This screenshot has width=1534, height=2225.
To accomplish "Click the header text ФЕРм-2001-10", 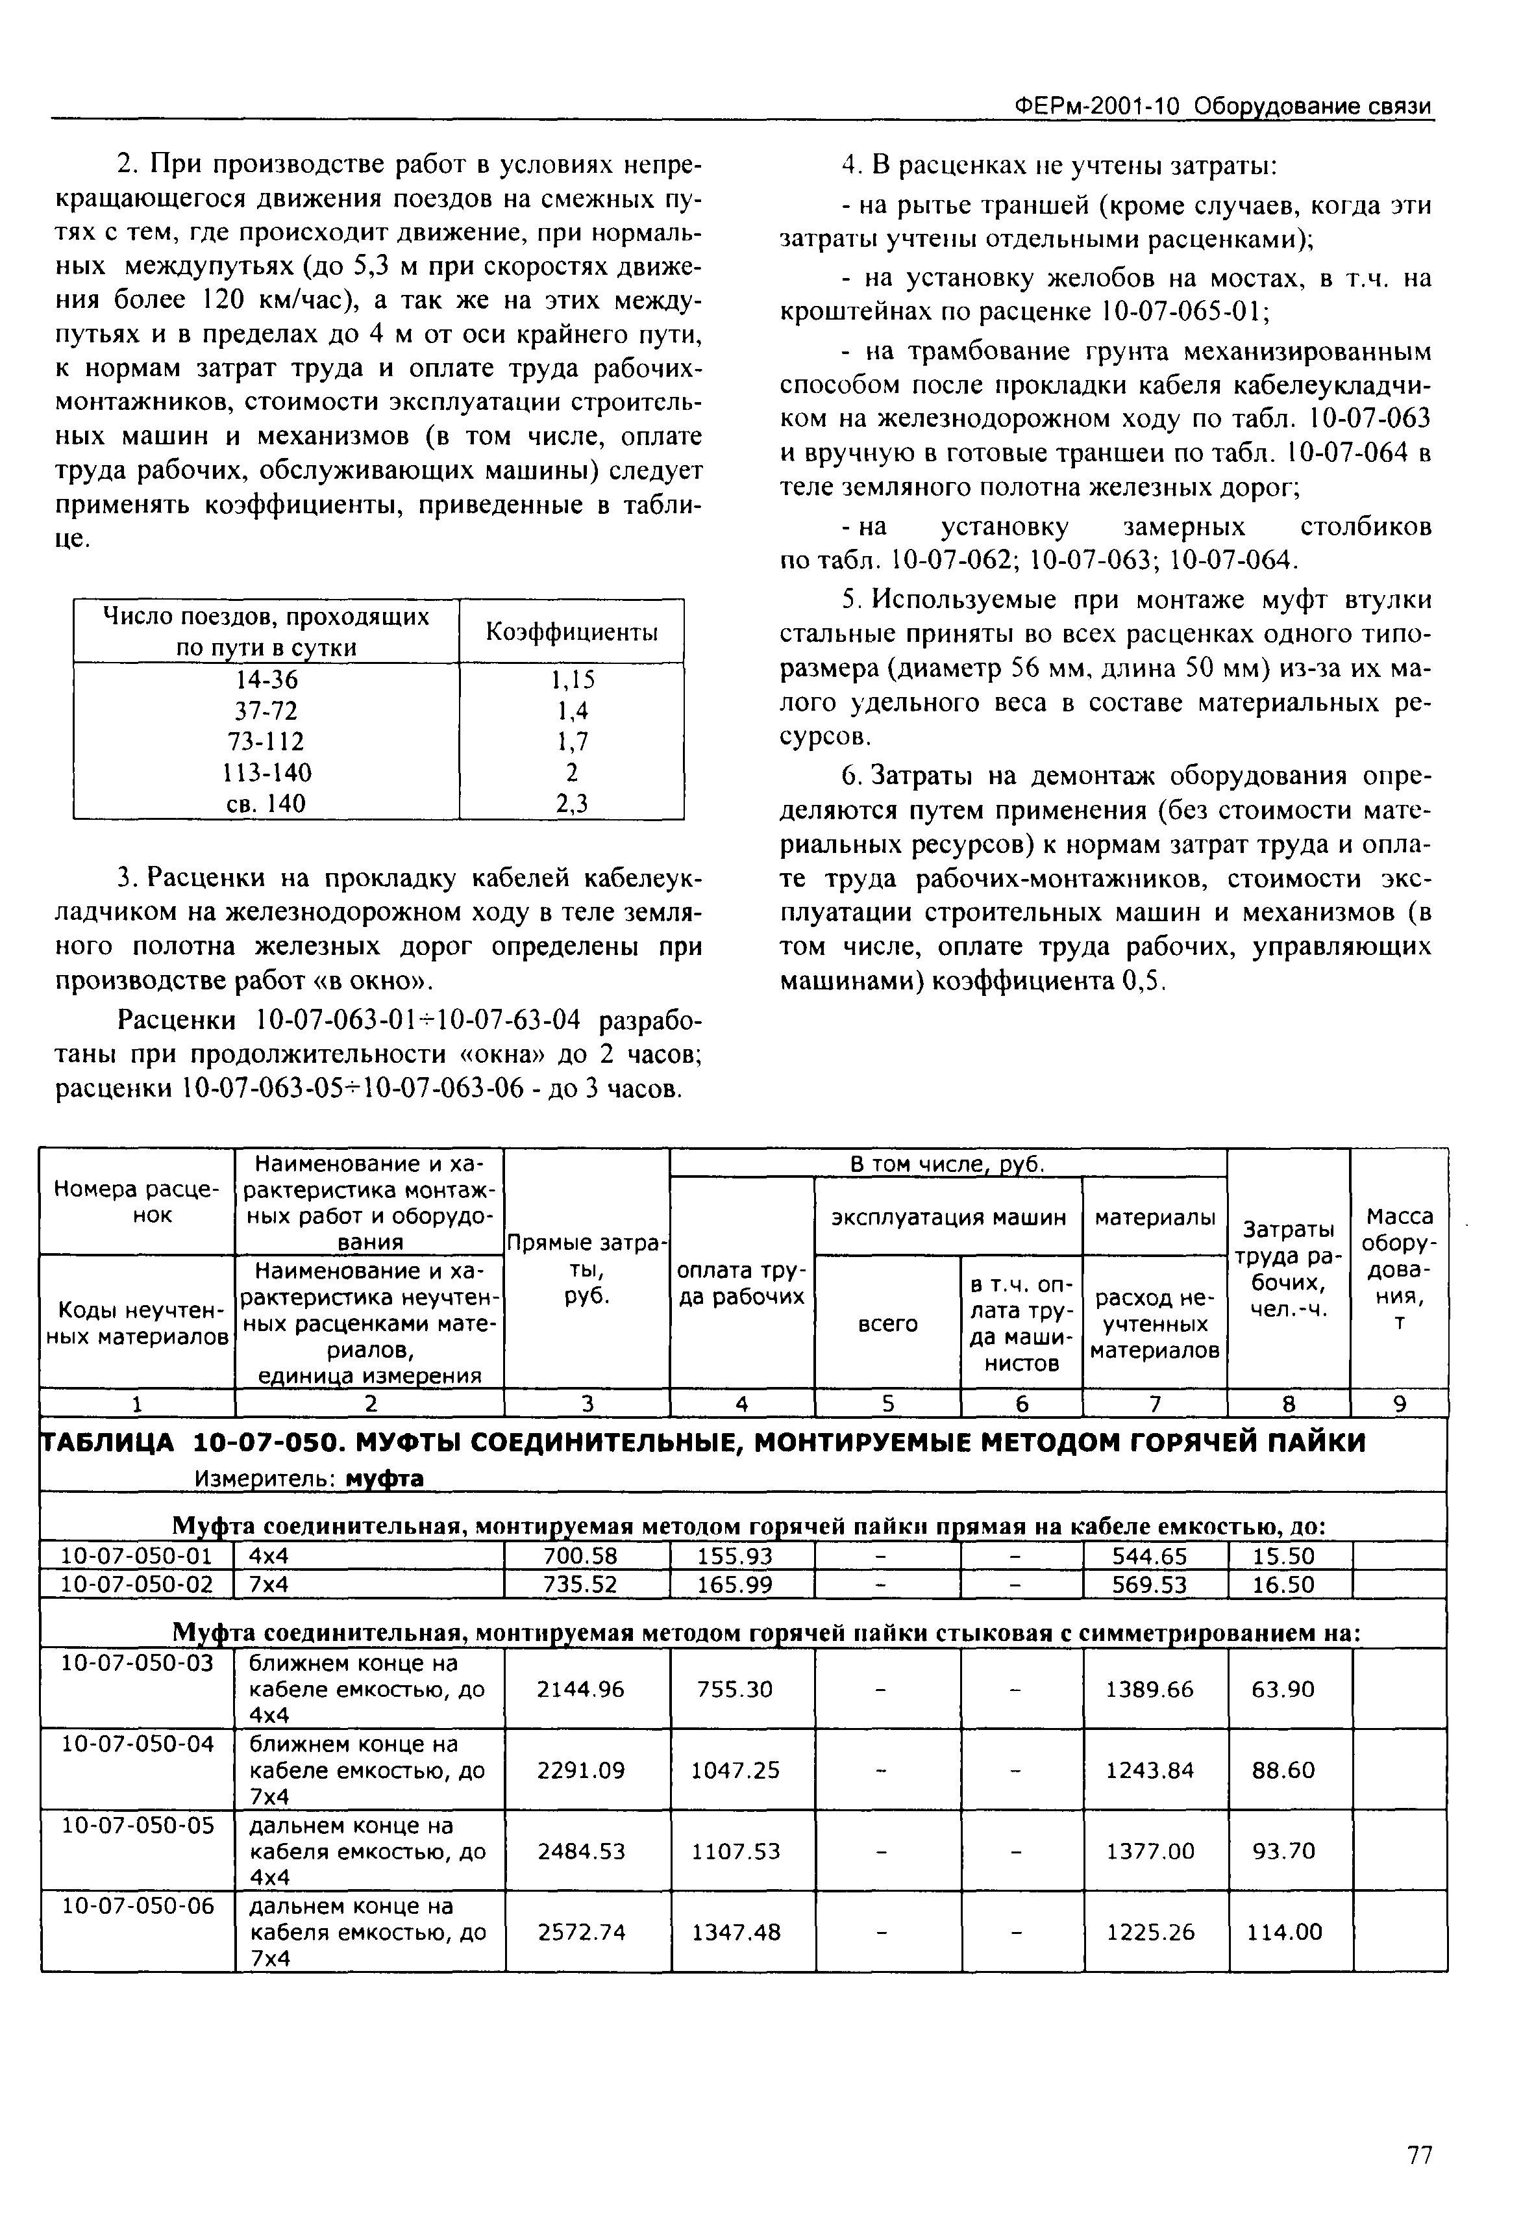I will click(x=1096, y=106).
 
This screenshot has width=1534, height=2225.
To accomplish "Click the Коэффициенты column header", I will click(x=572, y=631).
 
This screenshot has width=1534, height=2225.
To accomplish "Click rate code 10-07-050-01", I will click(x=136, y=1556).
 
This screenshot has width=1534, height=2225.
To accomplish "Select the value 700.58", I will click(x=586, y=1556).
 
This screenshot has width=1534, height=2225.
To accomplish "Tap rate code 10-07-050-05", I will click(x=136, y=1825).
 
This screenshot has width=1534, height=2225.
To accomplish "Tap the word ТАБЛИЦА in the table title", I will click(x=108, y=1443).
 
